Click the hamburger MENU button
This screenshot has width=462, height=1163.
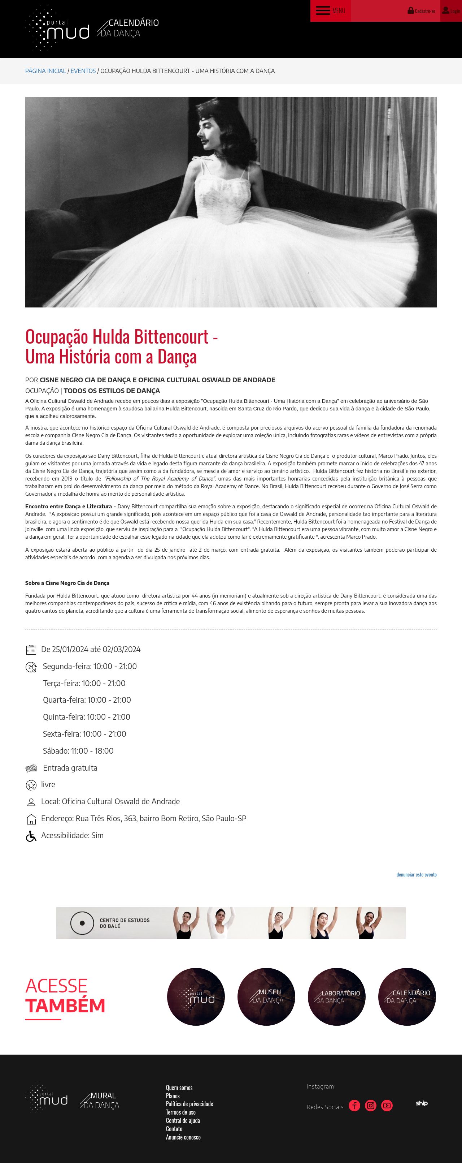click(330, 10)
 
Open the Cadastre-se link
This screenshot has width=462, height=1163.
click(422, 10)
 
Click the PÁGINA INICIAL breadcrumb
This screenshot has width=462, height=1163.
click(45, 71)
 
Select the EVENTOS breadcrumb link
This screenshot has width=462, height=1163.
click(83, 71)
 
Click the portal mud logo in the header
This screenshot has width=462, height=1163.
click(57, 29)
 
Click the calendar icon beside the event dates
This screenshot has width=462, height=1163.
click(31, 650)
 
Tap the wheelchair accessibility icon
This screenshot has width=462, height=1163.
click(31, 836)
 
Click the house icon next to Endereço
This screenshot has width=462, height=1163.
click(31, 819)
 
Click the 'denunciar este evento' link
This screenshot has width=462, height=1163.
click(416, 874)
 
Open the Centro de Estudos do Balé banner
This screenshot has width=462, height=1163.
click(231, 923)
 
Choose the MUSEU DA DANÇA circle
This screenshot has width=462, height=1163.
click(266, 996)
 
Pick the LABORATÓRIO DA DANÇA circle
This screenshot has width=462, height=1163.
click(336, 996)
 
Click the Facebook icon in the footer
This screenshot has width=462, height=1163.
click(354, 1106)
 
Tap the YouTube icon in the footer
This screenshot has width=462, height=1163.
click(387, 1106)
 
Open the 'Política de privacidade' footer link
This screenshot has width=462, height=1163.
click(189, 1104)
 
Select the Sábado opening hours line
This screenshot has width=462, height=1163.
click(78, 751)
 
